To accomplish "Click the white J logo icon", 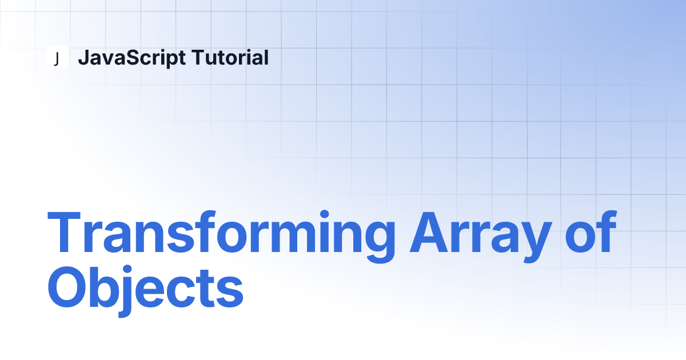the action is (x=57, y=57).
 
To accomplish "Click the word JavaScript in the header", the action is (x=131, y=58).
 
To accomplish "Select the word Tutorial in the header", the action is (x=230, y=57).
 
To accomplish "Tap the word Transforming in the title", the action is (x=221, y=236).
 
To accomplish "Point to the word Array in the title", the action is (x=481, y=236).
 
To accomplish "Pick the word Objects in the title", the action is (x=145, y=291).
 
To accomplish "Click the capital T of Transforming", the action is (x=64, y=232).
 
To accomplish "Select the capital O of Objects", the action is (x=67, y=287).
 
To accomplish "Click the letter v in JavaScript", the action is (x=106, y=59).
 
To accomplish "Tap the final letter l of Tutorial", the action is (x=266, y=57).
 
